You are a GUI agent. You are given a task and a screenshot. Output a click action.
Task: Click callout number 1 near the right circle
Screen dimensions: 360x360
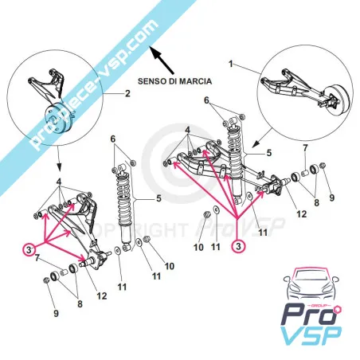tap(231, 64)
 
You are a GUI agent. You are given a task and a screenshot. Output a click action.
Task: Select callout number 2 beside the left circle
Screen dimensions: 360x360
tap(127, 93)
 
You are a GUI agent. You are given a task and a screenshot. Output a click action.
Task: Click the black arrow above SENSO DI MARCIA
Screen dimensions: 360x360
tap(162, 60)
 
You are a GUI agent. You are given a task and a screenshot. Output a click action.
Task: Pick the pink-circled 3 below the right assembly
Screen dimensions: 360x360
tap(238, 246)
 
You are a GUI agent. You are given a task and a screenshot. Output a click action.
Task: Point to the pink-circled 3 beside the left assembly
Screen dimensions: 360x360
tap(29, 249)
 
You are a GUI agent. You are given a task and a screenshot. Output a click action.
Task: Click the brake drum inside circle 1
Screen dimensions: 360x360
tap(337, 100)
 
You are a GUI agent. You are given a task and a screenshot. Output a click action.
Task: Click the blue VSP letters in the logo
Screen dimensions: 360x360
tap(311, 335)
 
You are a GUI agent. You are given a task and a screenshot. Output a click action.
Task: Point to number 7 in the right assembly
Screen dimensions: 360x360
tap(305, 148)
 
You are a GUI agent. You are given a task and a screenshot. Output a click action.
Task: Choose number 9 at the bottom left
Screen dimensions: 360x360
tap(56, 313)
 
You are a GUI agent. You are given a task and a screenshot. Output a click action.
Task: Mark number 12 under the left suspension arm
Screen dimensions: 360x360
tap(102, 295)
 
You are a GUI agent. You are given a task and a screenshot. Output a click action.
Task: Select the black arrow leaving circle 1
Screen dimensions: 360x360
tap(262, 138)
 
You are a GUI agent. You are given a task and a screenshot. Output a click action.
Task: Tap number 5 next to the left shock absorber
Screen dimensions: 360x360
tap(158, 198)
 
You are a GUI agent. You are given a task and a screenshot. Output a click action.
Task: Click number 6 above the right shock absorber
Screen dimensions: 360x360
tap(206, 100)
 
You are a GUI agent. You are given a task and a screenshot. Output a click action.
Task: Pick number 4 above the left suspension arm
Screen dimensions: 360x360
tap(59, 182)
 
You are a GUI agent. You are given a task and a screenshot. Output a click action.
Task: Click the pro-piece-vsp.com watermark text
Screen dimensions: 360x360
tap(94, 84)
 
